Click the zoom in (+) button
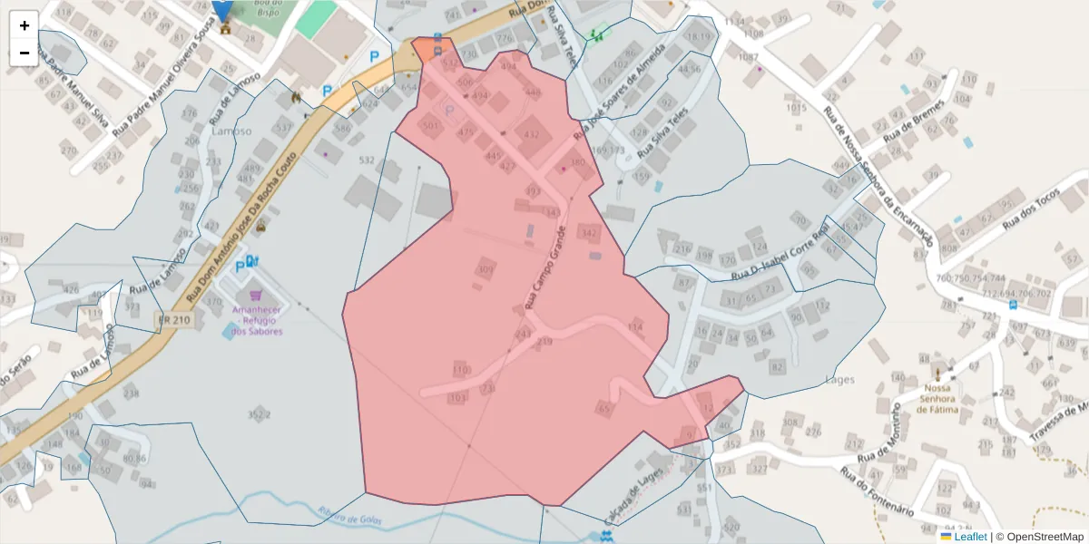tap(25, 25)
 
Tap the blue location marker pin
tap(222, 10)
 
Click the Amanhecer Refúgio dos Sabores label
tap(256, 320)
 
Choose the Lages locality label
tap(840, 380)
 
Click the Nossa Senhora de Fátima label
tap(938, 398)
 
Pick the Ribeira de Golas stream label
tap(350, 518)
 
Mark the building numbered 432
tap(532, 135)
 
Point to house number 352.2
tap(259, 414)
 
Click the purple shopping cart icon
tap(256, 295)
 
